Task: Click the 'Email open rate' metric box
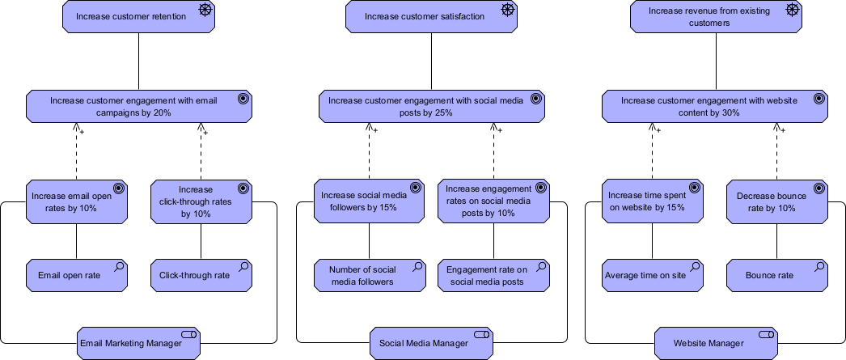[77, 275]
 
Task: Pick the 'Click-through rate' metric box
[201, 275]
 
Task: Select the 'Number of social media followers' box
[370, 275]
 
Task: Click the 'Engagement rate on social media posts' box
[493, 275]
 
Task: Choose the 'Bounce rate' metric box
[776, 275]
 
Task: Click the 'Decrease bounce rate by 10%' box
[776, 201]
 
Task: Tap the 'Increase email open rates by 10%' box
[77, 201]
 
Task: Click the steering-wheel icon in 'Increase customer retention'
[205, 10]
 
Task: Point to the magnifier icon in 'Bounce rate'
[820, 266]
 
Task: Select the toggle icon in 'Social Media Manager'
[481, 334]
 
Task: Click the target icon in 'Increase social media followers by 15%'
[416, 188]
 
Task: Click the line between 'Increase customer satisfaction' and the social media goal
[431, 61]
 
